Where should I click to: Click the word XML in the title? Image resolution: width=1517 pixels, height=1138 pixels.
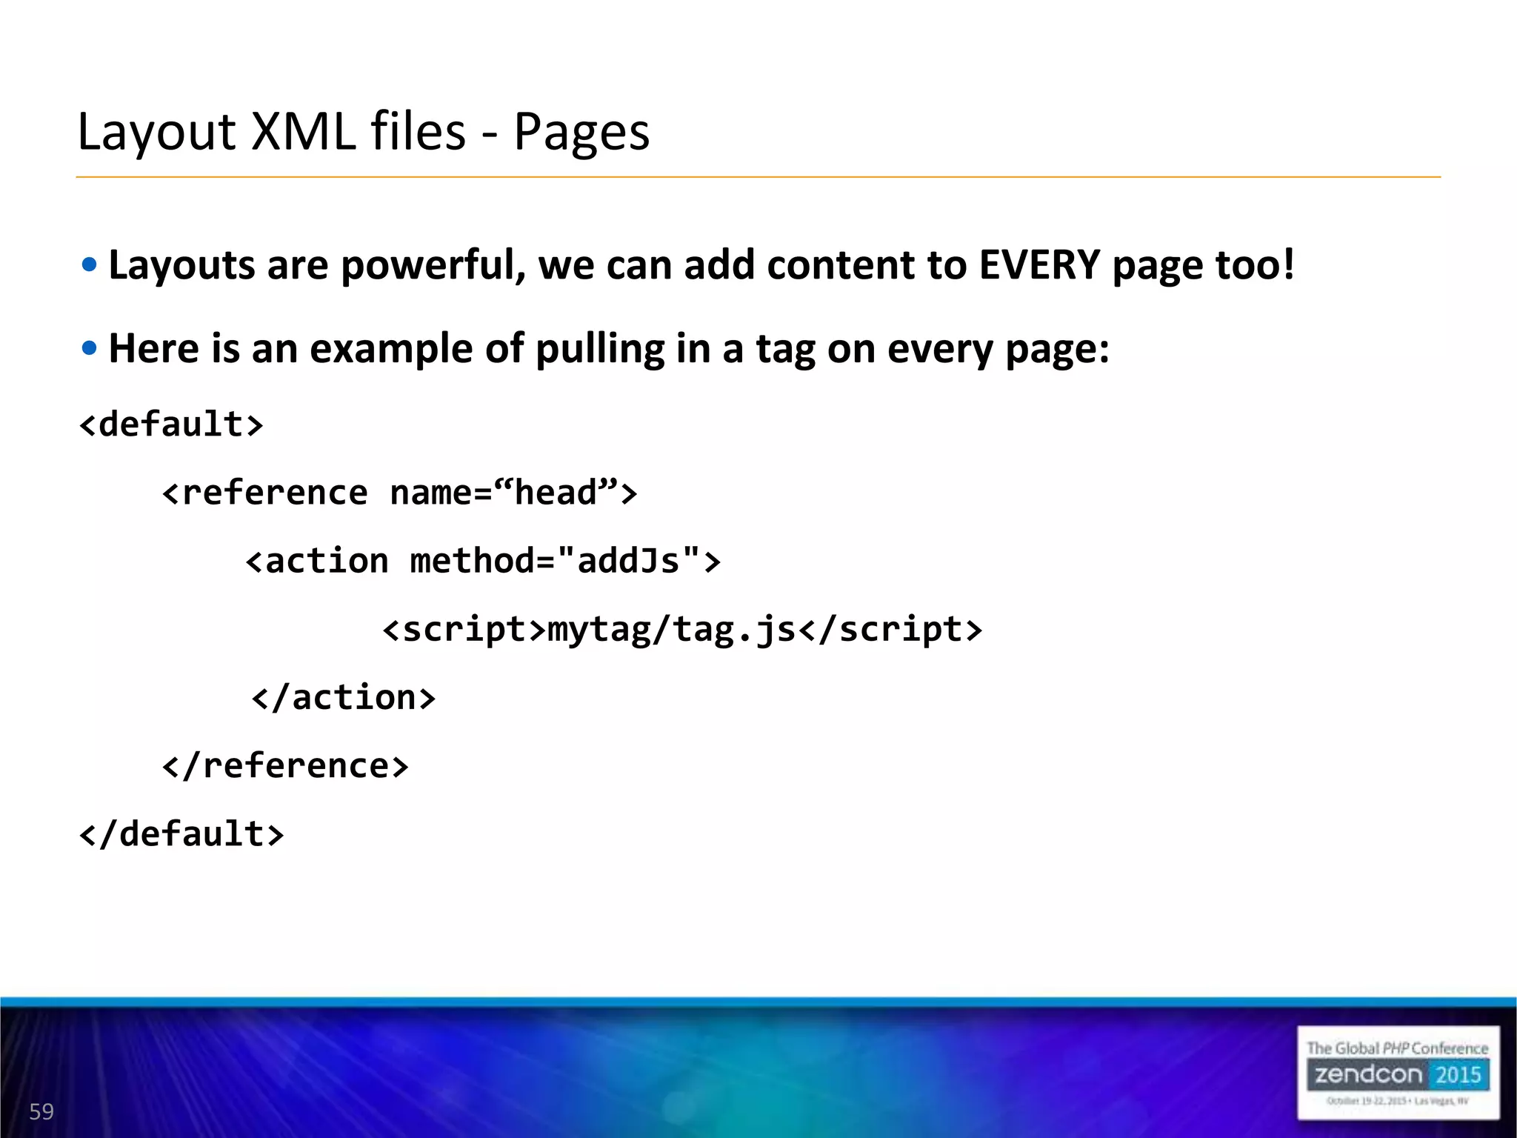click(x=304, y=132)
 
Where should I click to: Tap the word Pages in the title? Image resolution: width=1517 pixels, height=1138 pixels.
click(x=581, y=132)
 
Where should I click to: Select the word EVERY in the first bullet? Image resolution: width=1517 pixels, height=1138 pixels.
click(x=1039, y=265)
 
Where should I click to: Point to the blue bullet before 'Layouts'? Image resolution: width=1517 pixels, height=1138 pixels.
click(x=90, y=265)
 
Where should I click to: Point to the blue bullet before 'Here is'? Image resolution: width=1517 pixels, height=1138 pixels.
click(x=90, y=348)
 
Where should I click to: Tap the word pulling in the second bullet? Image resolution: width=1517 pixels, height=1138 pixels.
click(x=599, y=349)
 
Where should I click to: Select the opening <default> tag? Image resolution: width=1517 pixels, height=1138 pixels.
click(x=171, y=425)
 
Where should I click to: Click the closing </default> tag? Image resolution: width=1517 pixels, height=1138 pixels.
click(x=181, y=834)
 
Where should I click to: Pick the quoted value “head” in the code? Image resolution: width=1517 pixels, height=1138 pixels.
click(x=556, y=493)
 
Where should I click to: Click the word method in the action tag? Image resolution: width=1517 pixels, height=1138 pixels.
click(x=472, y=561)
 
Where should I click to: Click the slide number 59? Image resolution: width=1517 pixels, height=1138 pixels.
click(x=41, y=1111)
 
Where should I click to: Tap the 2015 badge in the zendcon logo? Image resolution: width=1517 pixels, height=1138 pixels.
click(x=1458, y=1075)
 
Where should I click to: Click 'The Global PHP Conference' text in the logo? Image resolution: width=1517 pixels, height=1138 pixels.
click(x=1397, y=1048)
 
